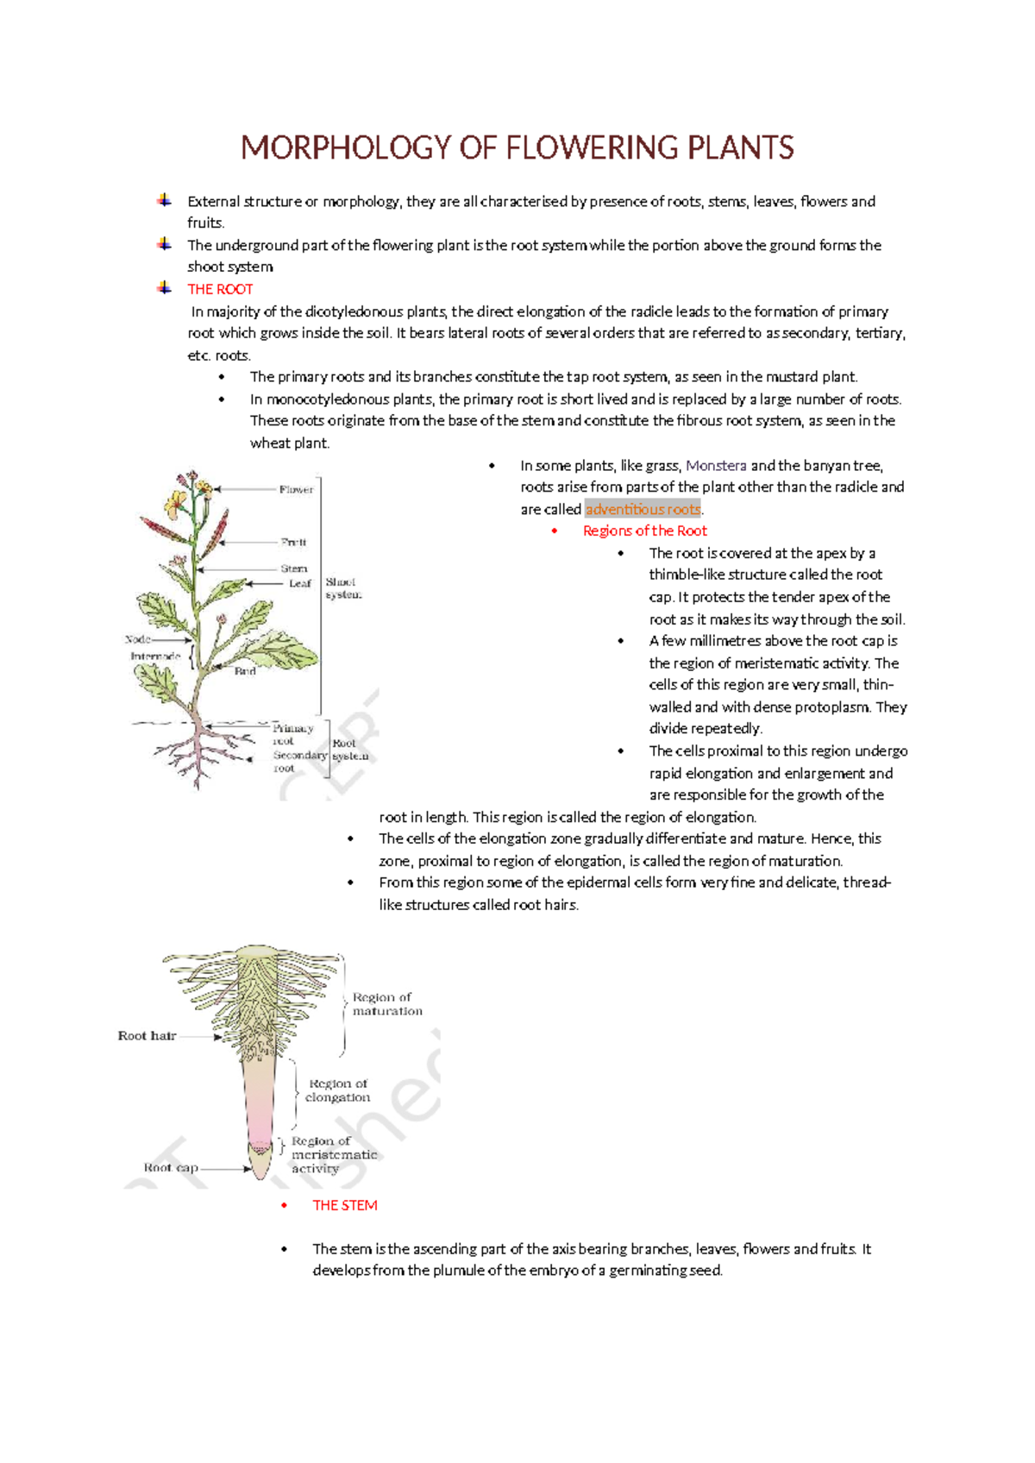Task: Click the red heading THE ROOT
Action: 220,289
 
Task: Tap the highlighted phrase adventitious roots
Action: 643,509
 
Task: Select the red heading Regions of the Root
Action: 644,531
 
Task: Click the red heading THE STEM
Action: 344,1205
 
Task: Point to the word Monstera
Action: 716,465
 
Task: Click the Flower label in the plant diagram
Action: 296,489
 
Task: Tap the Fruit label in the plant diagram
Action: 293,542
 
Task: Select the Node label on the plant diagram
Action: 138,639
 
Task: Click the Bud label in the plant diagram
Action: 245,670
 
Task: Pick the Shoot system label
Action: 343,588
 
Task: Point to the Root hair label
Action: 147,1035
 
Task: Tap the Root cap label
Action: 171,1167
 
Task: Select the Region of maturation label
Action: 386,1004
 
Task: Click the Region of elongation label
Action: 338,1090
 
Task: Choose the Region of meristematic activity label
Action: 333,1154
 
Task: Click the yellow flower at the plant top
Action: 177,500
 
